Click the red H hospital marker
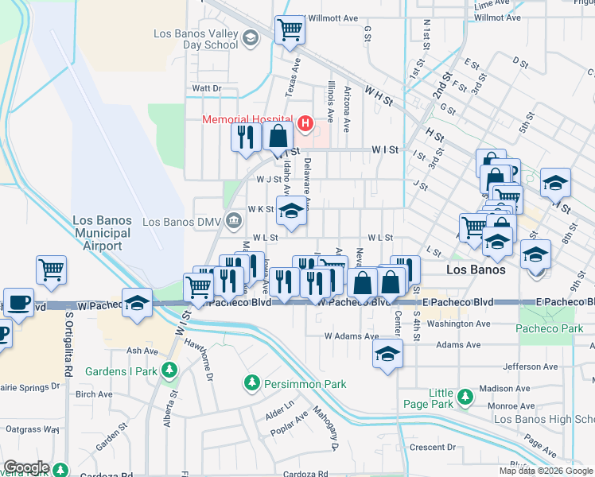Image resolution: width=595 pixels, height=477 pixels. click(304, 123)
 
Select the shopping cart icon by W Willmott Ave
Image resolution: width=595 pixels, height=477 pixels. click(290, 30)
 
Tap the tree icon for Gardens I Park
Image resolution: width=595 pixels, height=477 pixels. click(169, 370)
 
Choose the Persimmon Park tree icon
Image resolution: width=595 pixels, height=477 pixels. click(252, 384)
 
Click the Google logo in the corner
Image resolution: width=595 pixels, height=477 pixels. click(25, 467)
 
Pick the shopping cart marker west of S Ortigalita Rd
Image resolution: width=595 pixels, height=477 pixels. click(51, 270)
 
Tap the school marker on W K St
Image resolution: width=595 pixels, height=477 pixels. click(292, 211)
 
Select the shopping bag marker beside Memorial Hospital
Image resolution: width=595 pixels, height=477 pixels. click(278, 136)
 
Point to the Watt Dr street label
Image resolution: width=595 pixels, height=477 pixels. click(206, 88)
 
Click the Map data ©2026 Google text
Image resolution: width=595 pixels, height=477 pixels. click(546, 471)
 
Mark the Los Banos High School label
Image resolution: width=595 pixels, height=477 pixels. click(544, 419)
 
